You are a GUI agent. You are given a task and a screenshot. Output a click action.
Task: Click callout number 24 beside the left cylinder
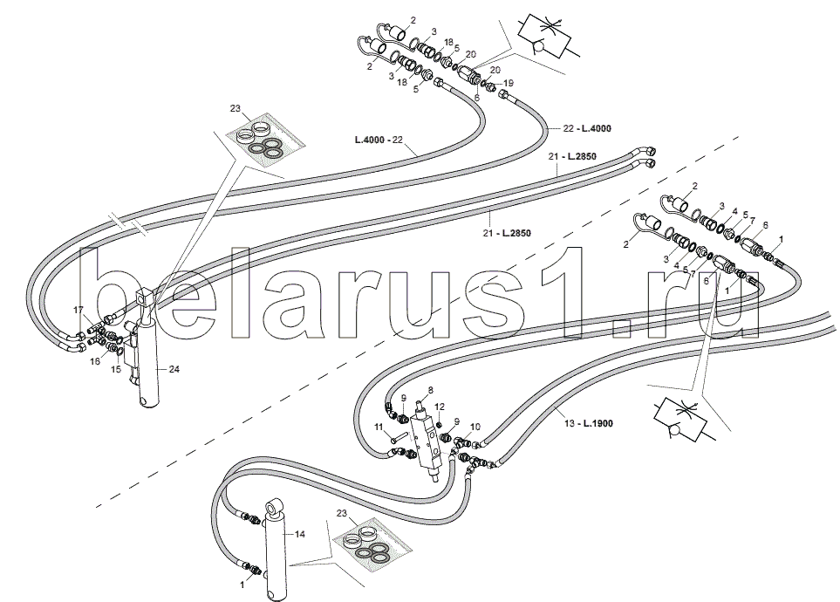(174, 369)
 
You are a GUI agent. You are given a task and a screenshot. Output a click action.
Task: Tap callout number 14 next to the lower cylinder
(299, 534)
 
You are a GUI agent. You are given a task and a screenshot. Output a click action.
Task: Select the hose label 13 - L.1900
(588, 423)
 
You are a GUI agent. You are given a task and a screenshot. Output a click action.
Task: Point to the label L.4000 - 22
(379, 140)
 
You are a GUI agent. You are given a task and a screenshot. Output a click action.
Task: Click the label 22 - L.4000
(587, 128)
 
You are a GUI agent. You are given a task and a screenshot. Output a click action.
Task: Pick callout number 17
(79, 310)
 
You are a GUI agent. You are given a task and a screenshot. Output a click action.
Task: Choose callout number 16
(95, 361)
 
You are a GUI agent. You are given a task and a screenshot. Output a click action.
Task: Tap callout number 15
(116, 369)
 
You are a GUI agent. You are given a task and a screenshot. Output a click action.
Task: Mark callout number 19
(509, 83)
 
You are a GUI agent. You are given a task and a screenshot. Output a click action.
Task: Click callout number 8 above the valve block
(430, 390)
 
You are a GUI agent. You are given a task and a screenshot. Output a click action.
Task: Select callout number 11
(379, 428)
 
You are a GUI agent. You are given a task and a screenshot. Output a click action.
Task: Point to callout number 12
(440, 407)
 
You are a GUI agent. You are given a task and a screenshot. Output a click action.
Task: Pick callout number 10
(475, 427)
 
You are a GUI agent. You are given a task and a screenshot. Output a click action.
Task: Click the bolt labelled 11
(399, 436)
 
